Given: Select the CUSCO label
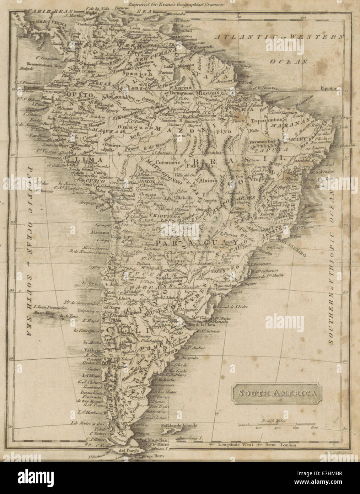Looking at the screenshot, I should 91,181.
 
